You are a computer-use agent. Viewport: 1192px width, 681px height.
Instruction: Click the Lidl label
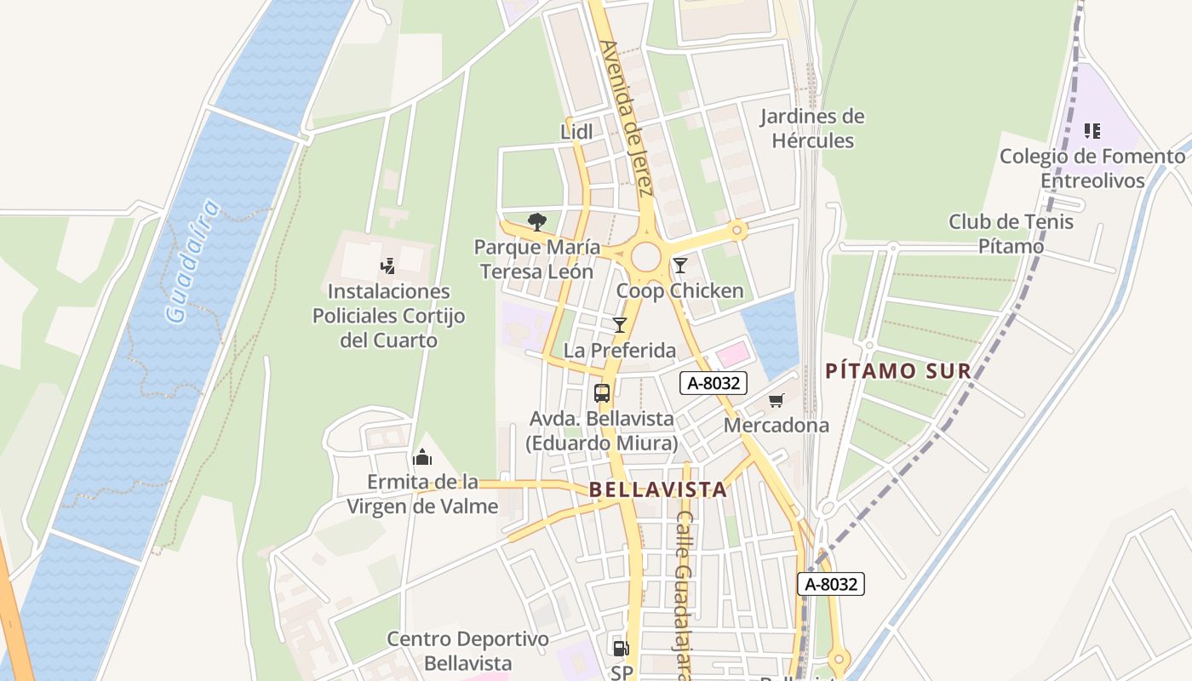(x=576, y=131)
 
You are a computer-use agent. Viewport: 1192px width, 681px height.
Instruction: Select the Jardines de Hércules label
(x=812, y=129)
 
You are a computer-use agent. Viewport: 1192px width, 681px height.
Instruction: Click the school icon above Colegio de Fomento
(x=1092, y=131)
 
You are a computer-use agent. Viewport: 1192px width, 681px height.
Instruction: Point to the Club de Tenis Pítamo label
(x=1011, y=234)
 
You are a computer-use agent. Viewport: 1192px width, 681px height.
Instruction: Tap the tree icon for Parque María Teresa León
(x=536, y=222)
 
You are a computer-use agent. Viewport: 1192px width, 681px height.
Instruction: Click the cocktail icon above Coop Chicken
(x=679, y=266)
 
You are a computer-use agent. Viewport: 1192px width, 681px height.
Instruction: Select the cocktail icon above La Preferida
(x=619, y=324)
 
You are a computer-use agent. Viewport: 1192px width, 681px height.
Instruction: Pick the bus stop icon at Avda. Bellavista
(x=602, y=392)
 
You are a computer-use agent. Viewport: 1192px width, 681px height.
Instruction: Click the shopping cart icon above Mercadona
(x=776, y=400)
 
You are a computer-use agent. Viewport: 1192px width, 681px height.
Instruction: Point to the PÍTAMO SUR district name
(x=898, y=371)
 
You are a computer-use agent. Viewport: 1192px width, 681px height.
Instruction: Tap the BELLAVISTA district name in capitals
(x=658, y=489)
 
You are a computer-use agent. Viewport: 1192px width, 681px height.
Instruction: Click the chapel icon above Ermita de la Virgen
(x=421, y=457)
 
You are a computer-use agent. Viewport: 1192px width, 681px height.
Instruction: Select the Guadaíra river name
(x=192, y=261)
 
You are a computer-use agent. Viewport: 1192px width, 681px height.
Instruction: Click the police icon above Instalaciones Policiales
(x=388, y=266)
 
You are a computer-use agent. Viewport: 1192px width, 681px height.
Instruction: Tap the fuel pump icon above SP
(x=621, y=649)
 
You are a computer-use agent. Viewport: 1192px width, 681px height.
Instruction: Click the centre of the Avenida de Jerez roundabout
(x=646, y=255)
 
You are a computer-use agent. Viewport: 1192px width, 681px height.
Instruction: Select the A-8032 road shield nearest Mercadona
(x=713, y=383)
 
